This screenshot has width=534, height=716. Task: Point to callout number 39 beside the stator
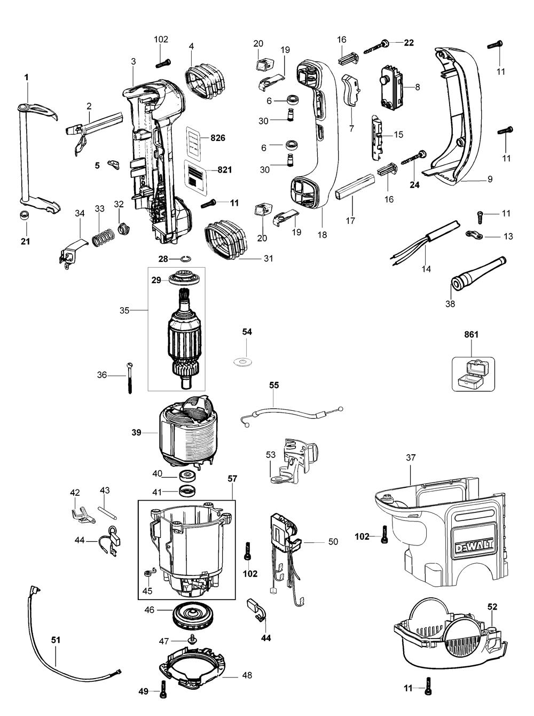pos(137,433)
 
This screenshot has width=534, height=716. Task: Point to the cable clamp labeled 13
pos(473,235)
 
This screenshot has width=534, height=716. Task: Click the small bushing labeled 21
pos(23,216)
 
